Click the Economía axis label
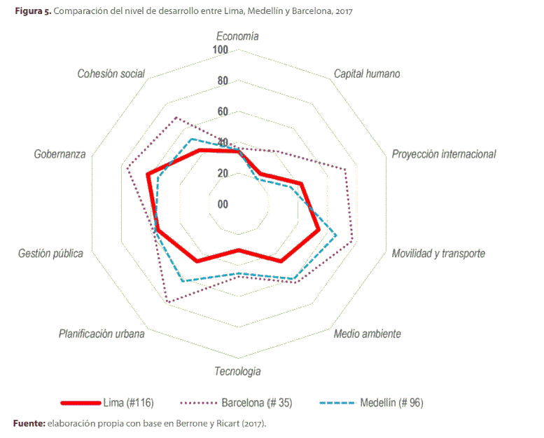[238, 36]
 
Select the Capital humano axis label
[366, 74]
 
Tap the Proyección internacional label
[443, 154]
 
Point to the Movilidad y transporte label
[438, 253]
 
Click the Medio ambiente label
[367, 334]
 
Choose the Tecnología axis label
[237, 371]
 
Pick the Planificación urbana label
[102, 334]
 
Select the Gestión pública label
[50, 253]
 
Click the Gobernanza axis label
[60, 154]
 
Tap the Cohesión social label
[111, 74]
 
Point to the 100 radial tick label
[220, 50]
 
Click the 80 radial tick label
[223, 81]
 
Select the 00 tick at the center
[223, 205]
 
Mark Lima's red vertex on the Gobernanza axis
[148, 175]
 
